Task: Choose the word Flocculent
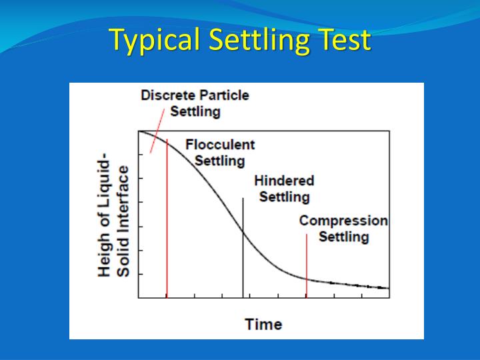click(220, 145)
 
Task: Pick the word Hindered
click(284, 181)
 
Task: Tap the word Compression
click(343, 221)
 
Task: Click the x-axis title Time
click(263, 325)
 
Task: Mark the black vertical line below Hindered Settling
click(243, 267)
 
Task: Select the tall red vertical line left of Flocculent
click(167, 220)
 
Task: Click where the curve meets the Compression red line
click(306, 279)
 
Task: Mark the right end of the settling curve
click(388, 288)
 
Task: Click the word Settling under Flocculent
click(220, 161)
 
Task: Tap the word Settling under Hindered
click(284, 197)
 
